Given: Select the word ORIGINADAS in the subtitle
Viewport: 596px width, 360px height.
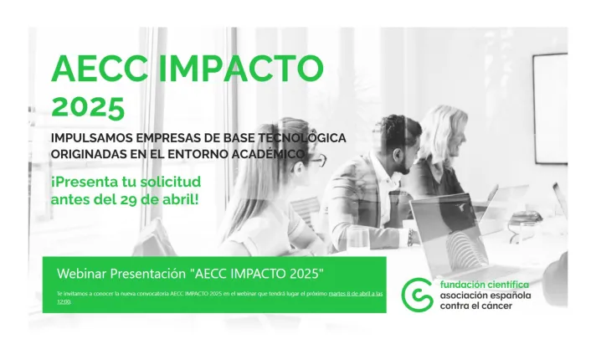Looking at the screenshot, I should coord(94,154).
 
